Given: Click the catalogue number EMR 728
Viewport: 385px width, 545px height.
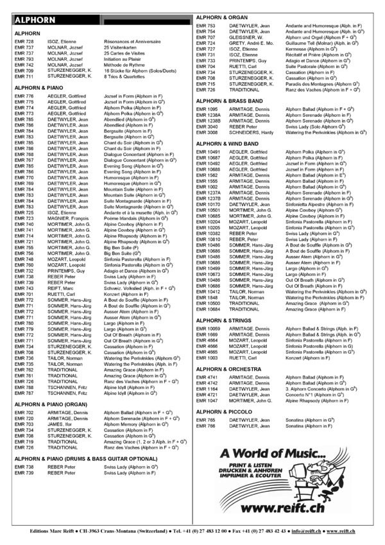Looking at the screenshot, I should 24,40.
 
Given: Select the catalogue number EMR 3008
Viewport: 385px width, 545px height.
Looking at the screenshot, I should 209,133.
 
